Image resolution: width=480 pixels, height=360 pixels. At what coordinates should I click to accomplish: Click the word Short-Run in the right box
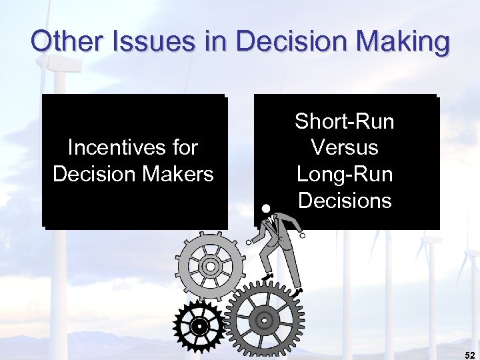pos(345,121)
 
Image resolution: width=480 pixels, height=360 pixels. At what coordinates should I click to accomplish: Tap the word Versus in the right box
pos(345,147)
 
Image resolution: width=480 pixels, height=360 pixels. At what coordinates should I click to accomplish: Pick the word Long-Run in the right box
pos(345,174)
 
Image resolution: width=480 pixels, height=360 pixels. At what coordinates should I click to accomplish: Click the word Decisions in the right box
pos(345,200)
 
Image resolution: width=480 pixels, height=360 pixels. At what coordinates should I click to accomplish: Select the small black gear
pos(198,327)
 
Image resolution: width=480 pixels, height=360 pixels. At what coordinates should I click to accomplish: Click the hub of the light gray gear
pos(211,267)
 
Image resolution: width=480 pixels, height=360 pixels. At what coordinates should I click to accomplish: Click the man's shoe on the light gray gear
pos(267,275)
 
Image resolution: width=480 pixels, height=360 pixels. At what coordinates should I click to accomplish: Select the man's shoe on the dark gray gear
pos(297,291)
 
